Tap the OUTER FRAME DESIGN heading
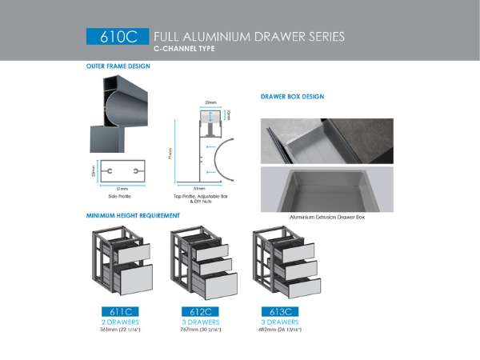click(x=118, y=66)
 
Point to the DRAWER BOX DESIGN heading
click(x=292, y=96)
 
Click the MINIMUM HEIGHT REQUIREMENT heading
click(x=133, y=215)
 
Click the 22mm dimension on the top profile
click(x=210, y=103)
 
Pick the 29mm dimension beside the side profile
click(x=93, y=172)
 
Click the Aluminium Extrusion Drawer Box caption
click(x=326, y=216)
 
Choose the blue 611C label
click(x=120, y=311)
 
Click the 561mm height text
click(x=120, y=329)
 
